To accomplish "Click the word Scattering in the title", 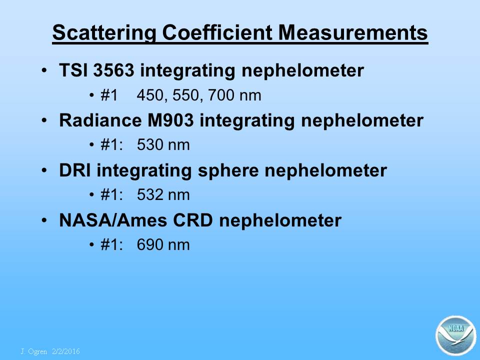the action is [104, 33].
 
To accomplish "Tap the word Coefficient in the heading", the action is [217, 32].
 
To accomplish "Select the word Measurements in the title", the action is [353, 32].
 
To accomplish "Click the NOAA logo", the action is [456, 335].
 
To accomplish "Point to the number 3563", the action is [113, 70].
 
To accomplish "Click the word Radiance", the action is [100, 120].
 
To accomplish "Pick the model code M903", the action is [170, 120].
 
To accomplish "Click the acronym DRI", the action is [74, 170].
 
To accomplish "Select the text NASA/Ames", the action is [113, 220].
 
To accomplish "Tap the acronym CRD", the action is [192, 220].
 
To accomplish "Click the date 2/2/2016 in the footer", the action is [66, 351].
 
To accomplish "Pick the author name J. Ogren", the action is [34, 351].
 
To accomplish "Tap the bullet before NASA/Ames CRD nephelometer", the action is [44, 220].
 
